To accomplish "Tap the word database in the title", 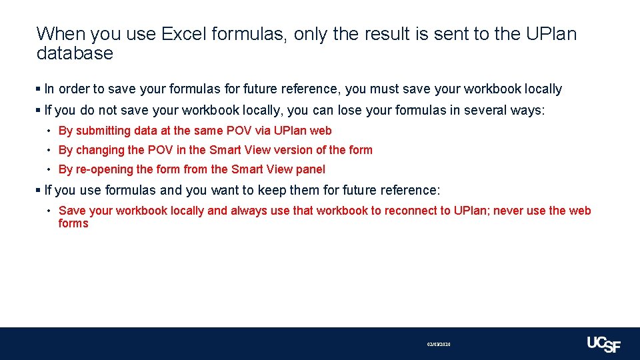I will (x=75, y=54).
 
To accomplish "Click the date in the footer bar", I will (x=439, y=344).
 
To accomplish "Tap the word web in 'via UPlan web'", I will (x=321, y=131).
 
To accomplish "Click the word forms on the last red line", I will (x=73, y=223).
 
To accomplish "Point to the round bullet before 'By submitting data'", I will (x=50, y=131).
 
